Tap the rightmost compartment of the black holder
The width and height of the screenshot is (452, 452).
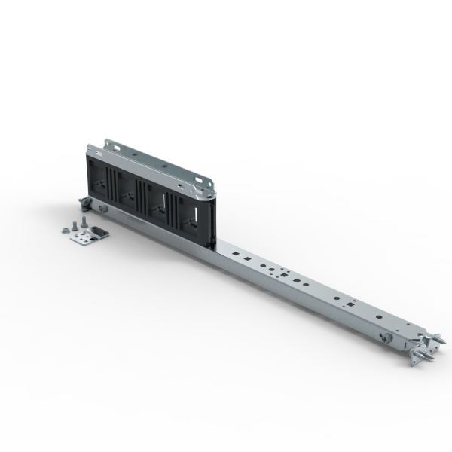point(189,210)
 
